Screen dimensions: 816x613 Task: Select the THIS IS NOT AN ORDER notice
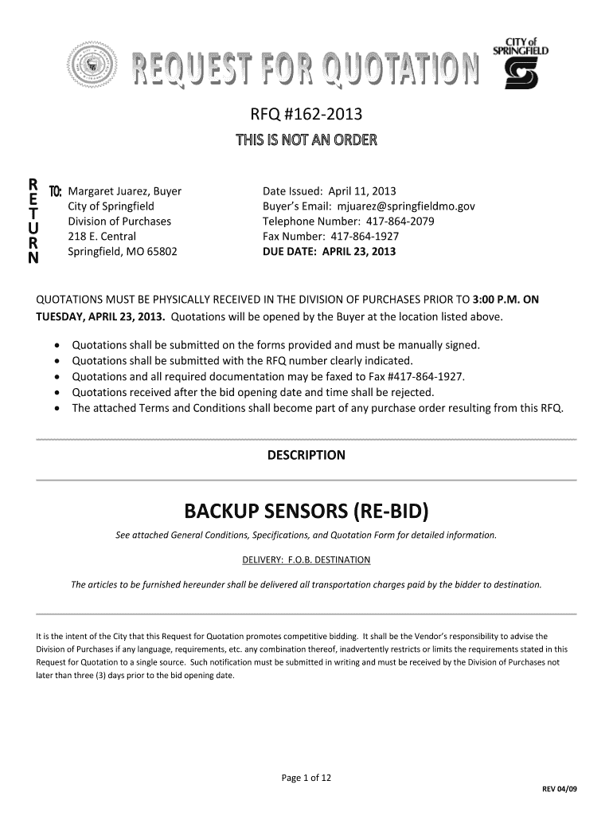tap(306, 143)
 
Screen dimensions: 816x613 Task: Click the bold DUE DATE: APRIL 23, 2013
tap(329, 252)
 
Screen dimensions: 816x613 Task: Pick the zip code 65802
tap(161, 252)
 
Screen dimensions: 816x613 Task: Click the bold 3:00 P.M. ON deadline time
tap(506, 300)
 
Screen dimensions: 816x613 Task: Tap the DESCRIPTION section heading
tap(306, 455)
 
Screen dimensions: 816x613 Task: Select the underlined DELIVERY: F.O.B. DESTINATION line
tap(306, 559)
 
